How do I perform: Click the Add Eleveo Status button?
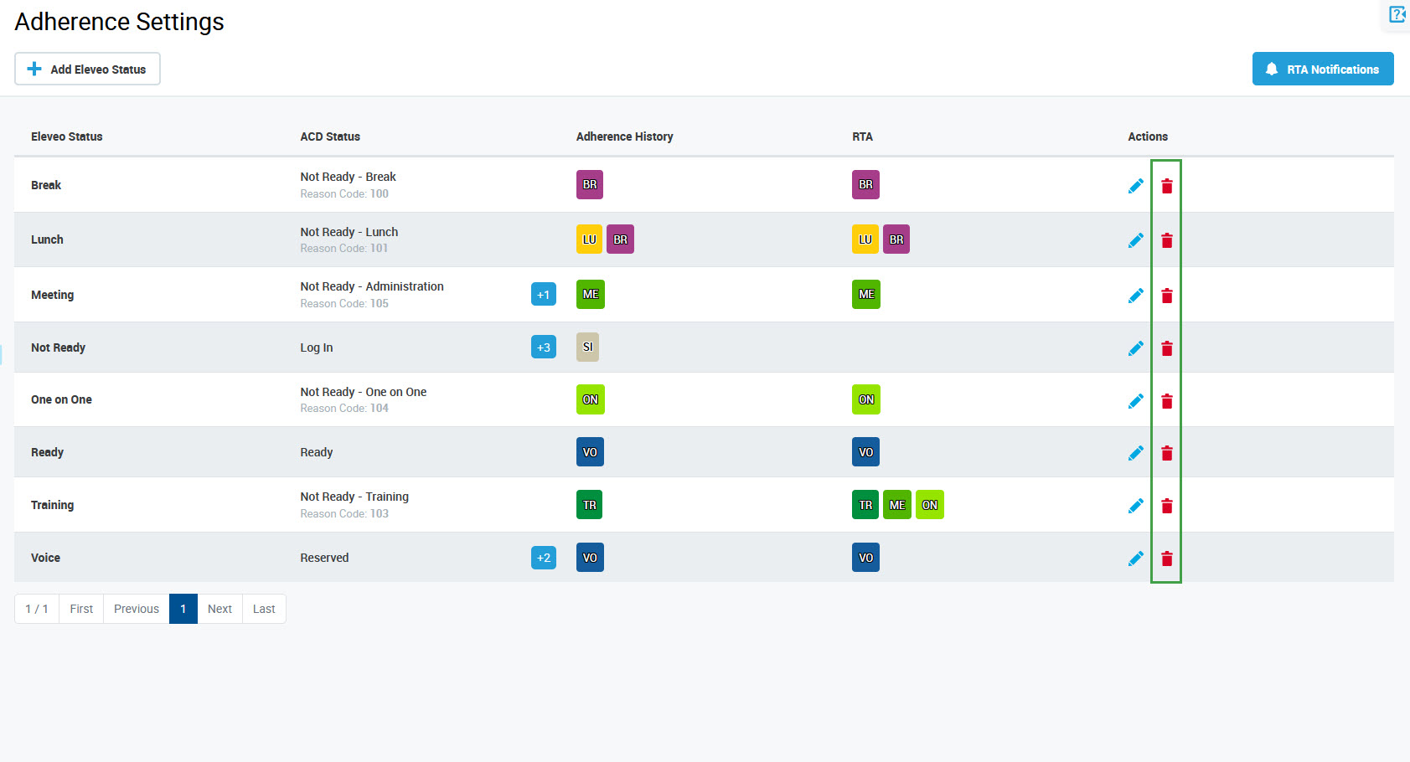87,69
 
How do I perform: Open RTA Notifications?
1322,69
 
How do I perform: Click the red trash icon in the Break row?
1166,186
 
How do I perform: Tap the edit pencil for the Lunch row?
1135,240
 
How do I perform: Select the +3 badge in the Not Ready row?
543,348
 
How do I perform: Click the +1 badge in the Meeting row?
543,295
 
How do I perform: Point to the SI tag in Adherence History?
587,347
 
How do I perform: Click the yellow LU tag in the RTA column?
865,239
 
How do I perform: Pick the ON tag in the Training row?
929,505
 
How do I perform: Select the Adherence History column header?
624,136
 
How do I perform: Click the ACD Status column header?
330,136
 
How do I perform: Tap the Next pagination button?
220,609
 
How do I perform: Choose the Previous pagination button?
136,609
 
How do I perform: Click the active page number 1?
183,609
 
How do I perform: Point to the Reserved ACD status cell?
324,558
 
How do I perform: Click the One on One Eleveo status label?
61,399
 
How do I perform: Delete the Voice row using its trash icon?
1166,559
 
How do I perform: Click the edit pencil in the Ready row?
1135,453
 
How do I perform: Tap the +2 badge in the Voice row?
543,558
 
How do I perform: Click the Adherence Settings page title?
119,22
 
